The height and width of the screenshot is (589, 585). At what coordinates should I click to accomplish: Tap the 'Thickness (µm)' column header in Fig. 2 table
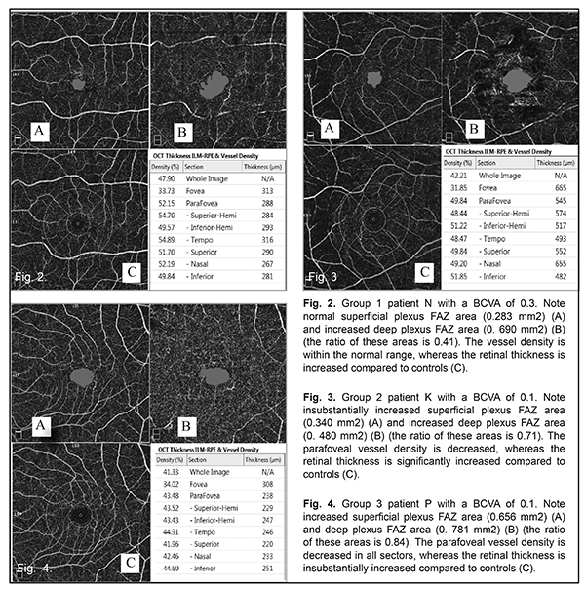(x=261, y=167)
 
